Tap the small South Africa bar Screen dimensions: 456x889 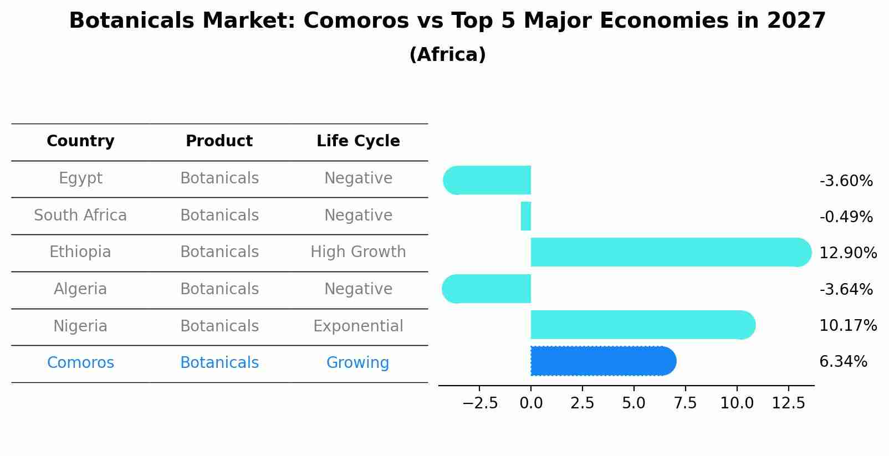pos(526,216)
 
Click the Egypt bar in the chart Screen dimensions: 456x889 pos(487,180)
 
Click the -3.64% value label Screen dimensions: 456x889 pos(846,289)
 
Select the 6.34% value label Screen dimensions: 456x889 pos(843,362)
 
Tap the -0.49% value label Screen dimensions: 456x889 pos(846,217)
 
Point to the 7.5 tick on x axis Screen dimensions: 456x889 pos(685,403)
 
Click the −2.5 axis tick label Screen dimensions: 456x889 pos(480,403)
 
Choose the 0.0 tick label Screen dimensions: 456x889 pos(531,403)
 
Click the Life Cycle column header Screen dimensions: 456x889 pos(358,141)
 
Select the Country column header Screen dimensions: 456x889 pos(80,141)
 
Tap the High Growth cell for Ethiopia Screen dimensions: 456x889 pos(358,252)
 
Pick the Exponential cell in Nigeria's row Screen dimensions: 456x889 pos(358,326)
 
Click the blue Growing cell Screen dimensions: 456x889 pos(357,363)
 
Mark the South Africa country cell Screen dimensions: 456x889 pos(80,215)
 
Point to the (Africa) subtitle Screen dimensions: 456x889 pos(447,55)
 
